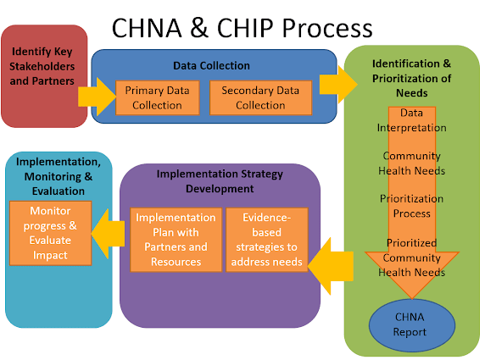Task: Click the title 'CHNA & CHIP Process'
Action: click(x=242, y=28)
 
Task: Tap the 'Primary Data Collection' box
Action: click(x=158, y=97)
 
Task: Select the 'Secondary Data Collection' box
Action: click(x=261, y=97)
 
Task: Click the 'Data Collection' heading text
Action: click(x=211, y=65)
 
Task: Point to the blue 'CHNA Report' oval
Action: click(x=412, y=325)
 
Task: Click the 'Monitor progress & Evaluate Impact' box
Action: click(x=50, y=233)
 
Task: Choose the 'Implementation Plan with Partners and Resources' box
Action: click(x=176, y=240)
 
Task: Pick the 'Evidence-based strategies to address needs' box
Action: click(x=267, y=240)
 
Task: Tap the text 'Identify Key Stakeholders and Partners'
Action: click(x=42, y=66)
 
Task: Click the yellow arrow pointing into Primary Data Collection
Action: click(x=98, y=97)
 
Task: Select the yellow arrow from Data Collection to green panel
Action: click(x=338, y=85)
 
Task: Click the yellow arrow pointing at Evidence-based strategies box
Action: click(x=331, y=266)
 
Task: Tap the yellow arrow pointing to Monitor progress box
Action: click(x=108, y=234)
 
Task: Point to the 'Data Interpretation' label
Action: click(x=412, y=120)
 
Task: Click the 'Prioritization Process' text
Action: click(x=412, y=206)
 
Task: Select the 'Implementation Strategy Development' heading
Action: click(x=220, y=181)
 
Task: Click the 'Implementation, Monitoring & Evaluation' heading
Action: click(x=59, y=176)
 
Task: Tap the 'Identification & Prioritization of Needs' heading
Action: click(x=412, y=78)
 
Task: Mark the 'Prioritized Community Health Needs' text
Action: click(x=412, y=258)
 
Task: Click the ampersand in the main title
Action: click(x=200, y=28)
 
